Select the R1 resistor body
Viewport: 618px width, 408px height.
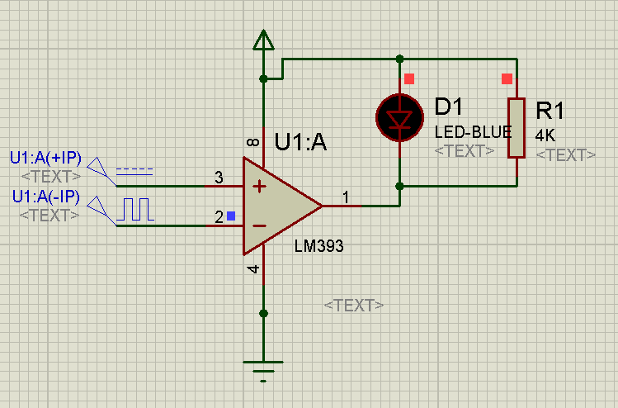517,127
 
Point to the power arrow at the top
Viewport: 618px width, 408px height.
263,40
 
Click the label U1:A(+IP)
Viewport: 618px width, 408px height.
45,158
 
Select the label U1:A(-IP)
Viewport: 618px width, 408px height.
45,197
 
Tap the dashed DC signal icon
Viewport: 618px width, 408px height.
134,172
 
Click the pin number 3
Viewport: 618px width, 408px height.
219,178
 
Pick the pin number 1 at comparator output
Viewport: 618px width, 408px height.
347,196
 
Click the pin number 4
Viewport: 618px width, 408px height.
253,269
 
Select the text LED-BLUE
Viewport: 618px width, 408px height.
473,132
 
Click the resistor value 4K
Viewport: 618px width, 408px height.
546,135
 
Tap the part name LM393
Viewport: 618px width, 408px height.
318,246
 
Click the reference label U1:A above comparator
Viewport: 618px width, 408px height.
300,143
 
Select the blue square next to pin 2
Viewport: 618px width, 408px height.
231,216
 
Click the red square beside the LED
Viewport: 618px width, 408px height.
408,79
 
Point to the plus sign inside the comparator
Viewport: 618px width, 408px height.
259,187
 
